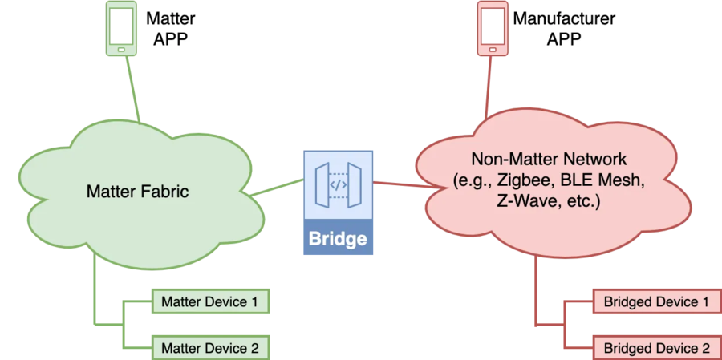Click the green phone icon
121,29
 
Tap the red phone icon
493,29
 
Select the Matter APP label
170,28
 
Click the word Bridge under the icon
339,239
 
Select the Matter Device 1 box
209,302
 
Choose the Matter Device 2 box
209,348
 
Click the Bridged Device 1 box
656,302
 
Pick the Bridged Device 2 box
656,348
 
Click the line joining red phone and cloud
487,88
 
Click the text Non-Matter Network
549,159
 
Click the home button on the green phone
121,49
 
